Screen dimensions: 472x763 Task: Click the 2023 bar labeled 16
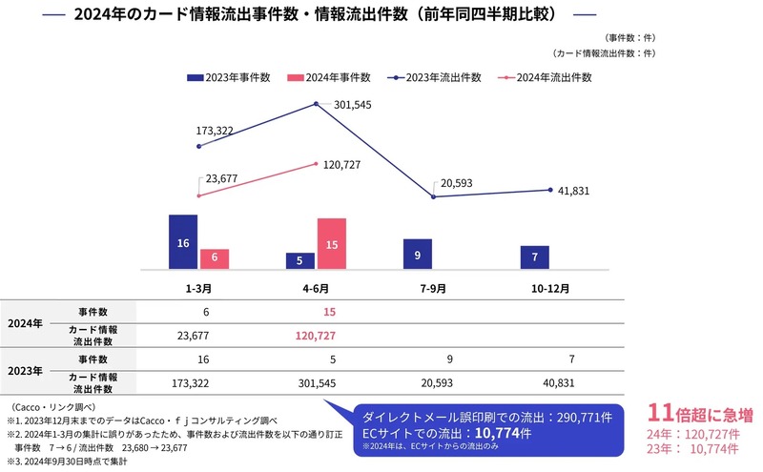pyautogui.click(x=183, y=242)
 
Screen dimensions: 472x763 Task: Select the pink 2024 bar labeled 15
pyautogui.click(x=331, y=244)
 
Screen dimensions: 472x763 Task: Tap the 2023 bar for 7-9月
pyautogui.click(x=418, y=254)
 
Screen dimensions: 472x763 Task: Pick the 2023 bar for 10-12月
pyautogui.click(x=535, y=257)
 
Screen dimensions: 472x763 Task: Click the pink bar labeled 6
pyautogui.click(x=215, y=258)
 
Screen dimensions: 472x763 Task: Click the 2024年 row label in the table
pyautogui.click(x=25, y=322)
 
